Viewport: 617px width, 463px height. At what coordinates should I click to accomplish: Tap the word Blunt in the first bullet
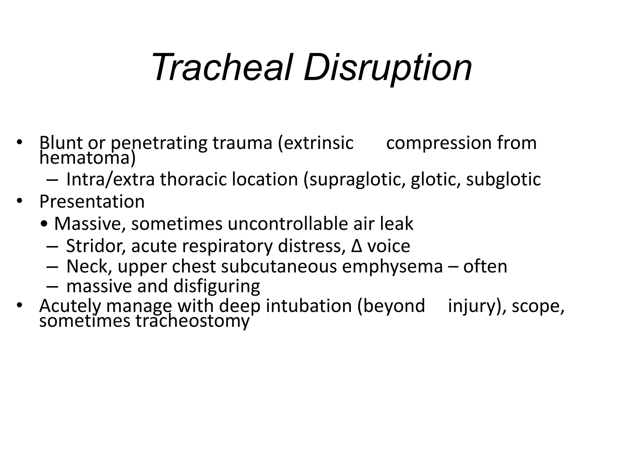(61, 143)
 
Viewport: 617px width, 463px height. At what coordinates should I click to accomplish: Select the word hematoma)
(87, 158)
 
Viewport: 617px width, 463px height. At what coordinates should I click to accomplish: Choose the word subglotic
(503, 180)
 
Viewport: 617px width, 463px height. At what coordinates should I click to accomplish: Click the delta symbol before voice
(356, 246)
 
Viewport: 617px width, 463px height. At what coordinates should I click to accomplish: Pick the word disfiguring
(217, 286)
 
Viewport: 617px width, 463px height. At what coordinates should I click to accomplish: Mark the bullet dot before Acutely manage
(20, 305)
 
